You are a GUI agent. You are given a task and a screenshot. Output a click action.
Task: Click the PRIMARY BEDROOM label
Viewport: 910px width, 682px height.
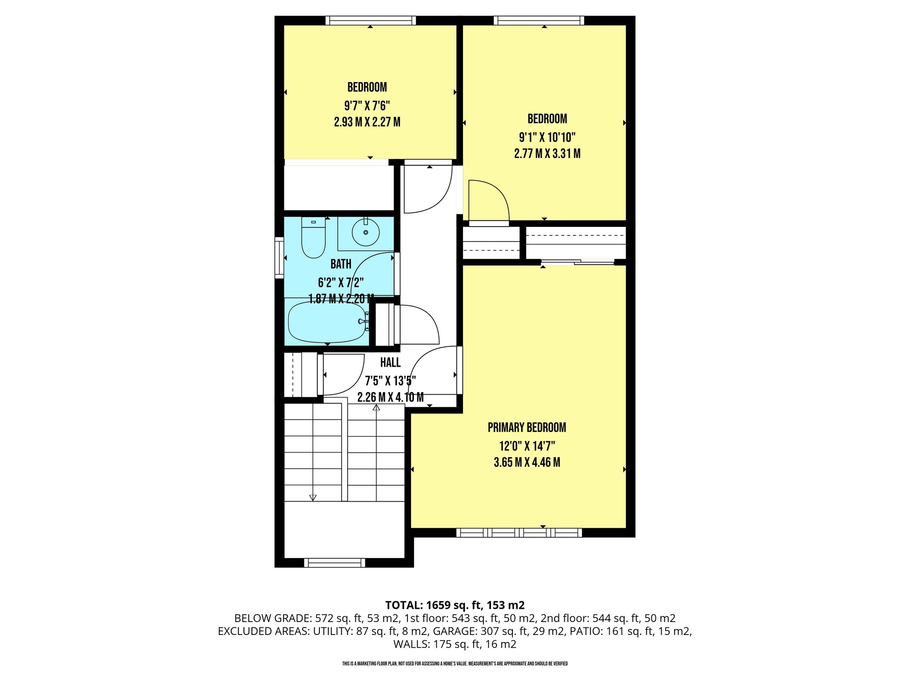click(x=527, y=428)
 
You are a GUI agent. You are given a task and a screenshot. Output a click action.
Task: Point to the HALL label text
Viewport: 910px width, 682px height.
click(x=390, y=363)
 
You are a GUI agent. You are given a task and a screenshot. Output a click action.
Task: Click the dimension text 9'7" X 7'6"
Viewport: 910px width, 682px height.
click(x=367, y=106)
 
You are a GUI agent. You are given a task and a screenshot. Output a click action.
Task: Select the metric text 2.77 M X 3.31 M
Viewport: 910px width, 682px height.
click(x=547, y=154)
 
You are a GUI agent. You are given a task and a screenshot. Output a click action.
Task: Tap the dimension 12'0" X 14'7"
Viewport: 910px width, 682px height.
click(x=527, y=446)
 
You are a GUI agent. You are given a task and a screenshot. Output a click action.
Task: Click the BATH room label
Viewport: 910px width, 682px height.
click(x=341, y=264)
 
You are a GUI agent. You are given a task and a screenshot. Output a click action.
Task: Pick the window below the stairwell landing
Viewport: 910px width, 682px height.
click(x=335, y=563)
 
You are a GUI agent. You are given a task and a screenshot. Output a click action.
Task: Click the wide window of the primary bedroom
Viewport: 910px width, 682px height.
click(x=519, y=532)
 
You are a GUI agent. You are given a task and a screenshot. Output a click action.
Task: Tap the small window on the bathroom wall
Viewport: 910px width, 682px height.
click(x=279, y=258)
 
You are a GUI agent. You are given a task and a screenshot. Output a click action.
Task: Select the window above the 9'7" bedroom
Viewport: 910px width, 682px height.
click(x=370, y=20)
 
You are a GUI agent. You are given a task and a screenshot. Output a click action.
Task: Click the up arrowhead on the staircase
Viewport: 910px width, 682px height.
click(x=376, y=407)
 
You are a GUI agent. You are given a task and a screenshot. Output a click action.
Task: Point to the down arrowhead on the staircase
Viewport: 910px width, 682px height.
click(x=312, y=498)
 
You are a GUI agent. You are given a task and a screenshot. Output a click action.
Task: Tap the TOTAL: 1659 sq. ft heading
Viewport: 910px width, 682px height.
click(x=455, y=605)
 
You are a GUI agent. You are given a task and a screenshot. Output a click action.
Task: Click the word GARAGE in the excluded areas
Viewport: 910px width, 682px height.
click(x=454, y=631)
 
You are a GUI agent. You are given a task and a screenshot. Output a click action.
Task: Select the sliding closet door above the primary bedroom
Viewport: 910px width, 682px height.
click(x=578, y=262)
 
